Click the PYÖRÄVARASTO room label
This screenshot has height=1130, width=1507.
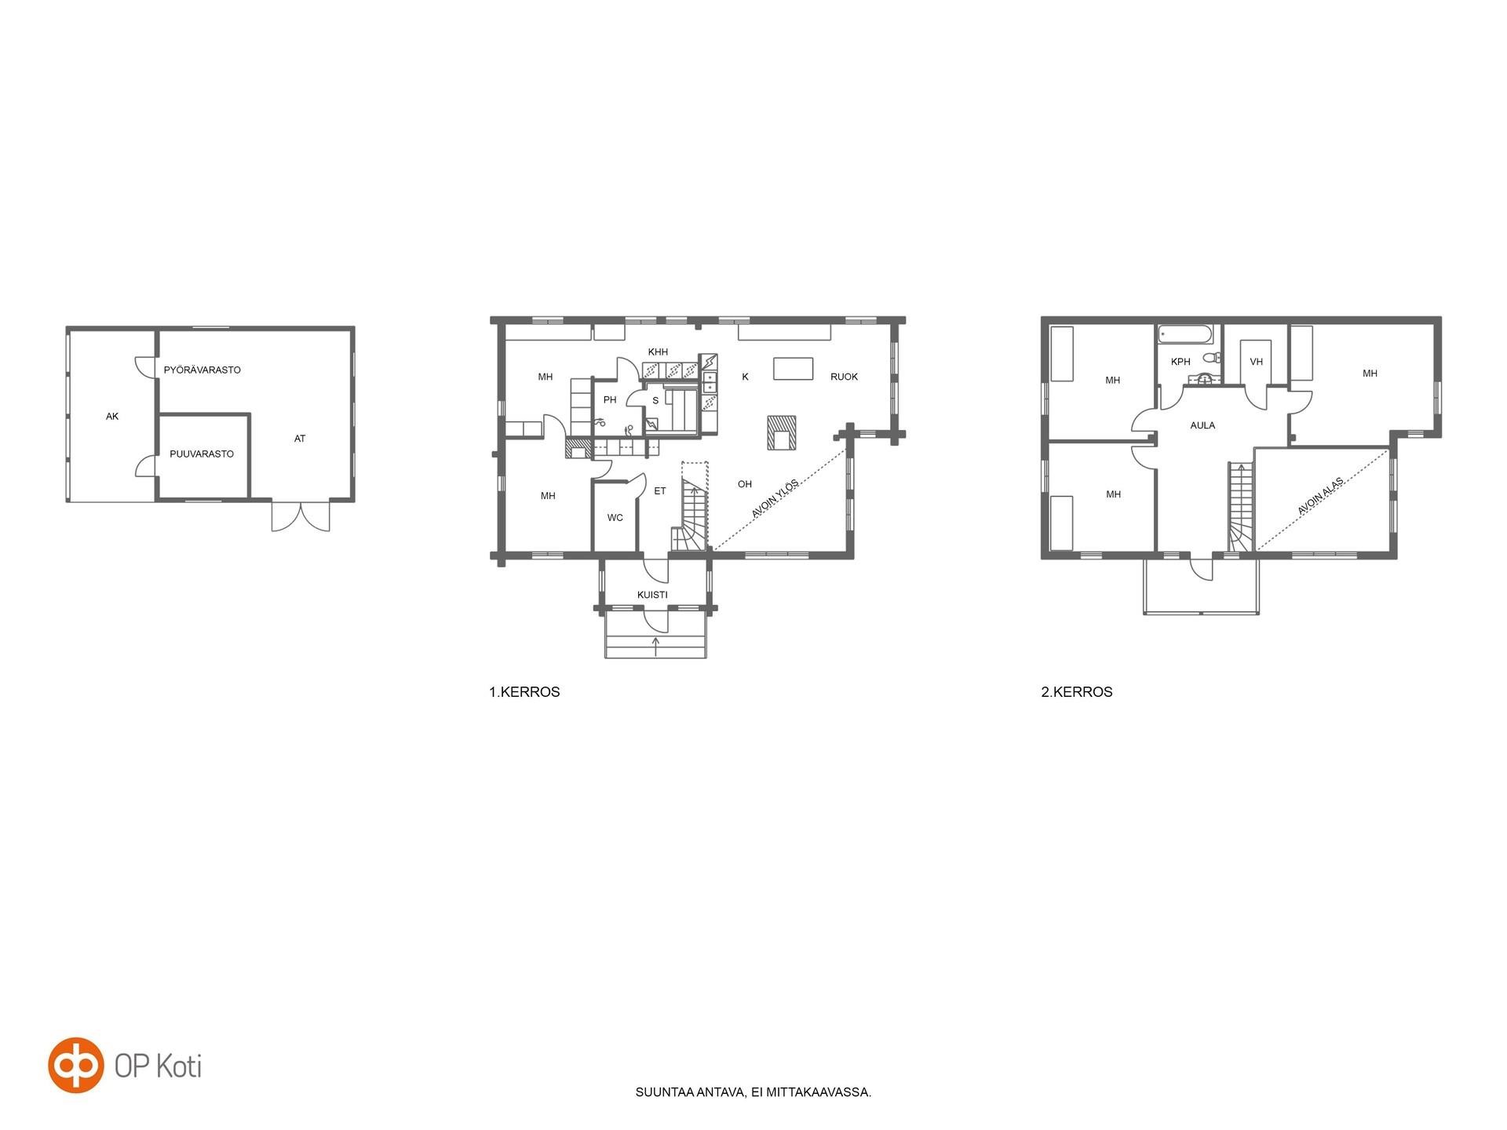[202, 370]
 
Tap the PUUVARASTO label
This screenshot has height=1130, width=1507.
[202, 454]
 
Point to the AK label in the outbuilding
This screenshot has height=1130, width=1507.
[112, 417]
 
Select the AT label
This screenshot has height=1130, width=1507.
[300, 439]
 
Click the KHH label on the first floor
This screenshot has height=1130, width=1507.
[658, 352]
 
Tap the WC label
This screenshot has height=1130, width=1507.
[615, 518]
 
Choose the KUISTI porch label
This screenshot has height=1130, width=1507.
[652, 595]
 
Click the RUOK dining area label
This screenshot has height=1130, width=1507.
[844, 377]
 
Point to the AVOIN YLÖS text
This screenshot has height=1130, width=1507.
[775, 498]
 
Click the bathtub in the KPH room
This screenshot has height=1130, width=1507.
[1186, 334]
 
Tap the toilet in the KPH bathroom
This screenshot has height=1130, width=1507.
[1212, 357]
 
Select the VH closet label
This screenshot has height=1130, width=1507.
[1256, 362]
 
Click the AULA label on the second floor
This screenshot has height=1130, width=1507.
[1202, 425]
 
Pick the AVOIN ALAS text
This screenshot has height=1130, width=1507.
[1320, 496]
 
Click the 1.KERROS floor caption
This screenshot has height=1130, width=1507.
[524, 692]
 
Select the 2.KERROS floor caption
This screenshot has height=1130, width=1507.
[1077, 692]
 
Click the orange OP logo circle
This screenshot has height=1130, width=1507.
[76, 1065]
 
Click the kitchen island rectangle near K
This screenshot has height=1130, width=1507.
[793, 369]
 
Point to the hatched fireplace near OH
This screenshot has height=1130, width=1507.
[782, 433]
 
